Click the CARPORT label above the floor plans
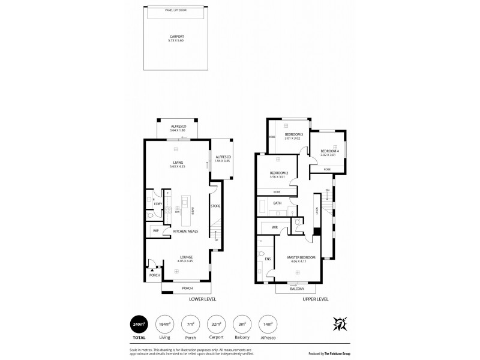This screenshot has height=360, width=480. (x=176, y=37)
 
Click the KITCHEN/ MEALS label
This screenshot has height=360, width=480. (x=185, y=231)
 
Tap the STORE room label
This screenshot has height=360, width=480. (x=215, y=206)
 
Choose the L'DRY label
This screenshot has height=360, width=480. (x=158, y=204)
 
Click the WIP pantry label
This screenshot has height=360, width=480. (x=155, y=230)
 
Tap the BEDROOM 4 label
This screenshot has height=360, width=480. (x=329, y=151)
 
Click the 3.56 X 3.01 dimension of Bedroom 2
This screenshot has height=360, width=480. (x=279, y=177)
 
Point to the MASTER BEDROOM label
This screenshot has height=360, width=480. (x=298, y=257)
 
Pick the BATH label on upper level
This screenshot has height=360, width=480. (x=277, y=203)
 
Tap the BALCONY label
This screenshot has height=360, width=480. (x=296, y=289)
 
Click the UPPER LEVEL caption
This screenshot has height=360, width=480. (x=315, y=299)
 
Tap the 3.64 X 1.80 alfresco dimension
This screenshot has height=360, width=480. (x=178, y=130)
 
